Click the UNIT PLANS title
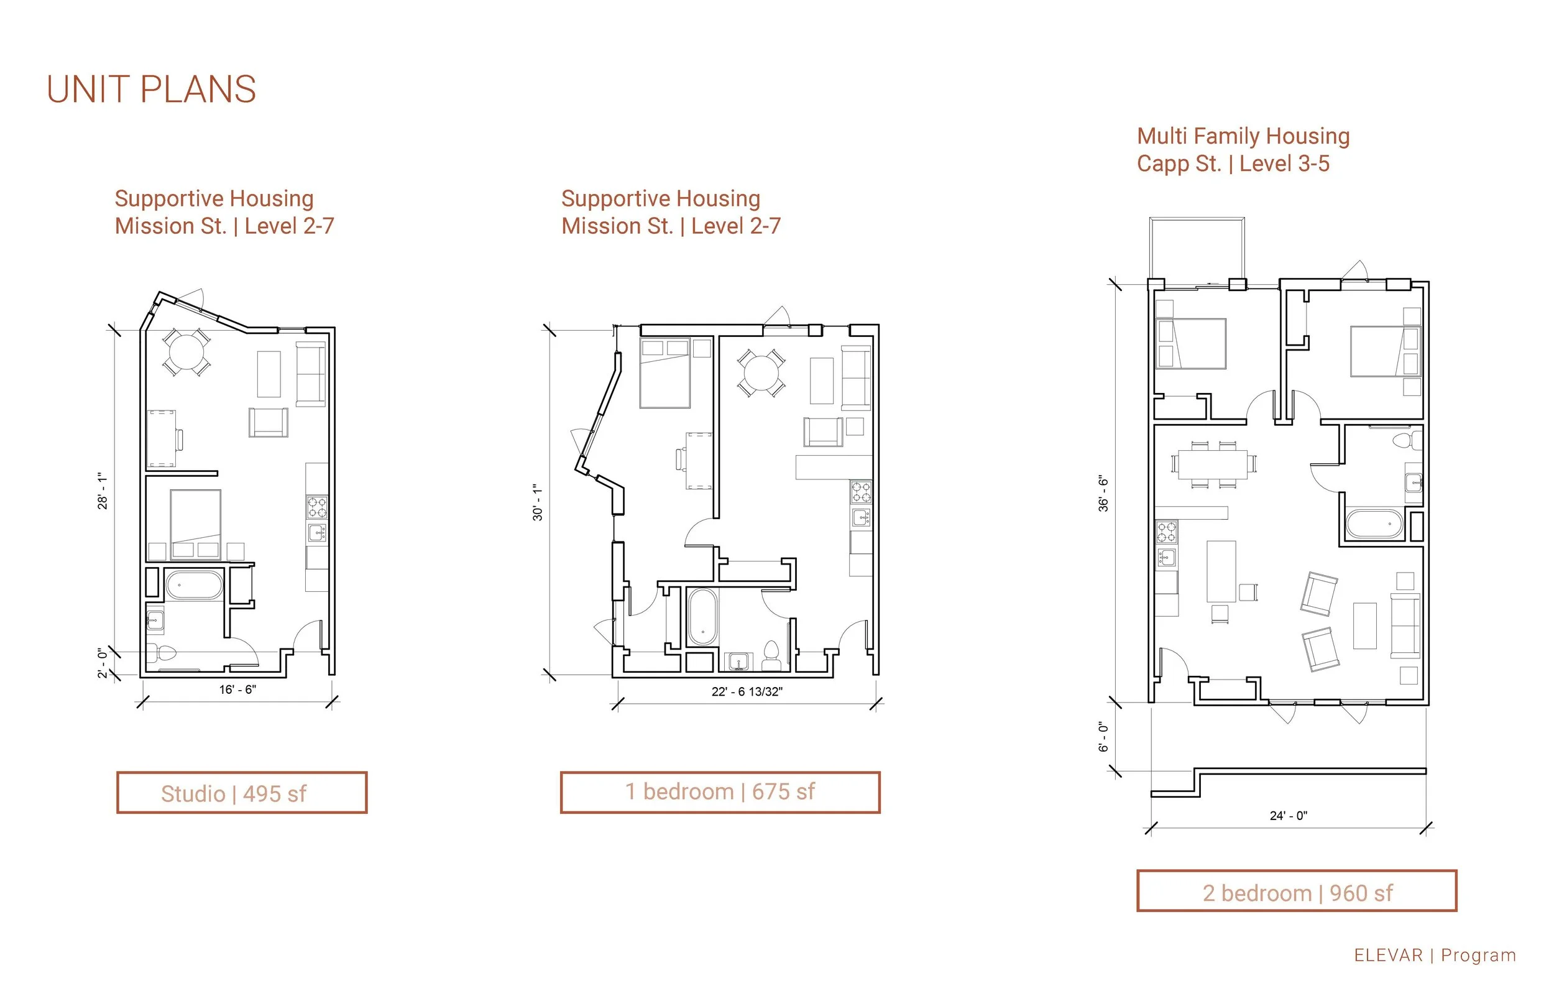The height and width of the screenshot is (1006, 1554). (152, 90)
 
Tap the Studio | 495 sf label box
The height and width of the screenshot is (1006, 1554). (242, 792)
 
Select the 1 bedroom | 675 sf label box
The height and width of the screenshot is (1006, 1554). (720, 792)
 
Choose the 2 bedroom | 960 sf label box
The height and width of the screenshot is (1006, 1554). (1297, 891)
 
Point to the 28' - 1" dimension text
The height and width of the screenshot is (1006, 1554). (103, 491)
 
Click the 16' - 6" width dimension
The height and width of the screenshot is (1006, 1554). (237, 689)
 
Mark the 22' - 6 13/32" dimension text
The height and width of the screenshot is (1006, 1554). (747, 691)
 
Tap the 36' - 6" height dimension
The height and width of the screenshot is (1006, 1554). (1103, 493)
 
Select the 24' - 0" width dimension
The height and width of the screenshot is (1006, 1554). (1288, 815)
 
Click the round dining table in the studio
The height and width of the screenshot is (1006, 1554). (186, 352)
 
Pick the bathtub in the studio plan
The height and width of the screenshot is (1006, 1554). (194, 585)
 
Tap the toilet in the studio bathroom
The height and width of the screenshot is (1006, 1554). (162, 653)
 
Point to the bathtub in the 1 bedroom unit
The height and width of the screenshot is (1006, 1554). (702, 617)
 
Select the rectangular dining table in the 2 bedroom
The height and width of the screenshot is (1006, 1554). (1213, 464)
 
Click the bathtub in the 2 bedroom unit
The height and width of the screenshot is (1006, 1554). (1374, 524)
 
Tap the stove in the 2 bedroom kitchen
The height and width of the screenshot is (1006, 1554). (1167, 532)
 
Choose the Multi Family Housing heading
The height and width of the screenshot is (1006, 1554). (1243, 136)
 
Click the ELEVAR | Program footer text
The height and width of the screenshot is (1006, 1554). (1435, 955)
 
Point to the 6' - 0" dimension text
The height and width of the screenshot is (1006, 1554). (1103, 737)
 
